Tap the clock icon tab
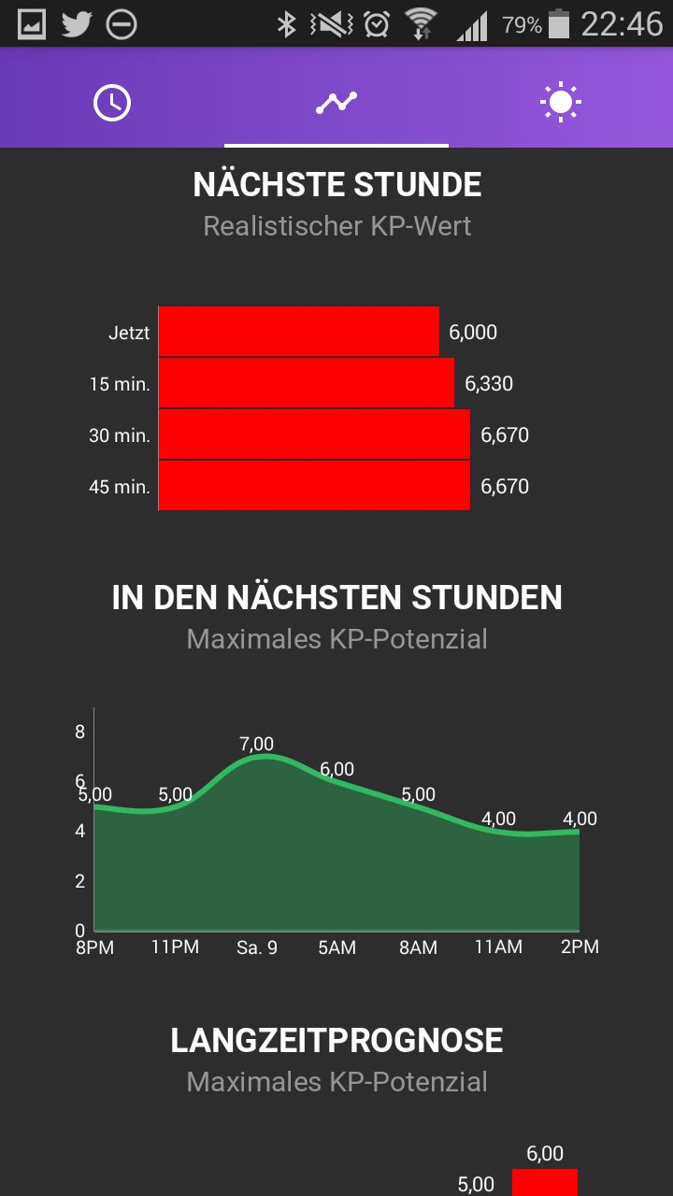coord(112,102)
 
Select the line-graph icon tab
coord(336,102)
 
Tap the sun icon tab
coord(560,102)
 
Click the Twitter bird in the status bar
coord(77,24)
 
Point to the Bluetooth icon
coord(287,24)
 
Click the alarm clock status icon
coord(377,24)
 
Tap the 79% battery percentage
coord(522,24)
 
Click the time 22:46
coord(622,24)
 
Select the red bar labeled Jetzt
coord(299,331)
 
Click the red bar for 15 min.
coord(307,383)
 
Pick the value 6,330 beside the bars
coord(489,383)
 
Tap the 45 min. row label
coord(120,487)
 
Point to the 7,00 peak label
coord(256,743)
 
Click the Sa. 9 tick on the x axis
coord(257,947)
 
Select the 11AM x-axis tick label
coord(498,947)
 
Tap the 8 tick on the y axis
coord(80,732)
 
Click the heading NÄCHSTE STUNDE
coord(337,184)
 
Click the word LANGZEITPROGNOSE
coord(336,1040)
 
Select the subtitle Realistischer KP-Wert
coord(337,226)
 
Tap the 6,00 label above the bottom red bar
coord(545,1153)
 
